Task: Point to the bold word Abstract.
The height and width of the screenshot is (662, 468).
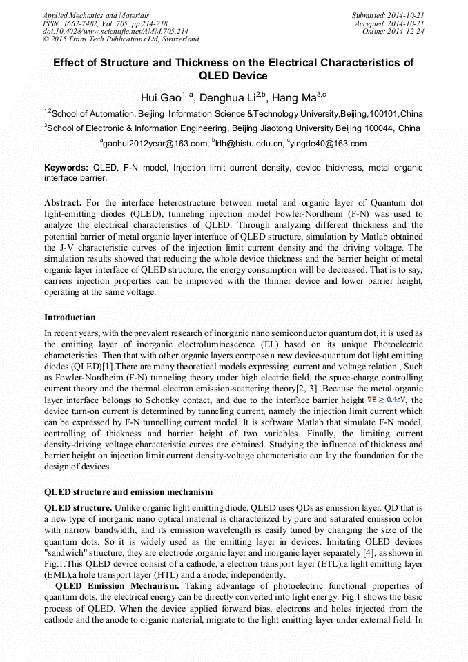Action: point(63,203)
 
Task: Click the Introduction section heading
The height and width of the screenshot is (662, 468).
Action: point(70,318)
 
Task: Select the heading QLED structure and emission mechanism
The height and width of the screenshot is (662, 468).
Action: point(128,492)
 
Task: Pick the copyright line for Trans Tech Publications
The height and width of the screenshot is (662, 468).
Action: point(121,39)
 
